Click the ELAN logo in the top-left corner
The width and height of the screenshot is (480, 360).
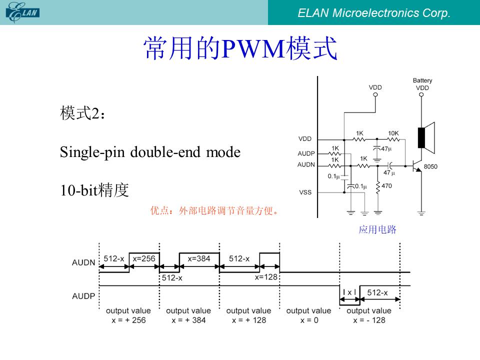tap(22, 12)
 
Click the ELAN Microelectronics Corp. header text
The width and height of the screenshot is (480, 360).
tap(374, 13)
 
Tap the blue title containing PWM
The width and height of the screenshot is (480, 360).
tap(240, 48)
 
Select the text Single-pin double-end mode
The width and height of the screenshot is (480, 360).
tap(150, 152)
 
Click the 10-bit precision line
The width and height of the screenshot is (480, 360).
tap(94, 190)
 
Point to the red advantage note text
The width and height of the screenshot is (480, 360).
tap(214, 210)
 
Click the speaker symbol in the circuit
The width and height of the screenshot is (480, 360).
tap(426, 138)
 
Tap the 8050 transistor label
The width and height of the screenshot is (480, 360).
tap(430, 166)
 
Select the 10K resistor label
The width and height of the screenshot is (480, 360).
tap(393, 133)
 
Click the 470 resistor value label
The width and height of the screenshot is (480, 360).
tap(386, 186)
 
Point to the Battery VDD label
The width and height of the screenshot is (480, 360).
tap(422, 84)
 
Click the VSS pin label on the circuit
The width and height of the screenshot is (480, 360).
tap(305, 192)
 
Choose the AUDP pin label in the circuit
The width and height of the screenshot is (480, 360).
tap(306, 153)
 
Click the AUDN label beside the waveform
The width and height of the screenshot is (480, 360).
tap(83, 262)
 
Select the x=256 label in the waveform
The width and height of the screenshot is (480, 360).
tap(144, 258)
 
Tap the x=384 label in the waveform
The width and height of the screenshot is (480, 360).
tap(199, 258)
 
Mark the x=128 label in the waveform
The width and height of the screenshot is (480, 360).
tap(266, 277)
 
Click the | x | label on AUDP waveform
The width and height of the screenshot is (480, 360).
tap(349, 292)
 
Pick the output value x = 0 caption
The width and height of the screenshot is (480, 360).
tap(309, 315)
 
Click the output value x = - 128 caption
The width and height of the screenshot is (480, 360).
tap(369, 315)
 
